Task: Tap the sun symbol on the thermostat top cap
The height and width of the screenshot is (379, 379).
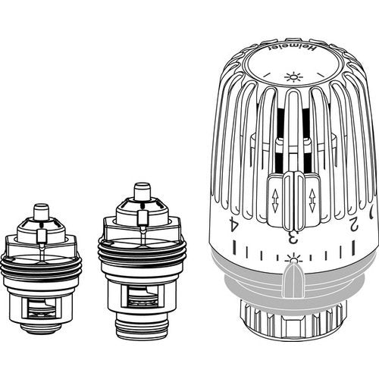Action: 293,77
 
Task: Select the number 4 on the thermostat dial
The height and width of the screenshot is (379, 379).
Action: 233,224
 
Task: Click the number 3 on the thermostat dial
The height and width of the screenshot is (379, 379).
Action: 293,236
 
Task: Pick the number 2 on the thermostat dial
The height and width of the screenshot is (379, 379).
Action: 353,224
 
